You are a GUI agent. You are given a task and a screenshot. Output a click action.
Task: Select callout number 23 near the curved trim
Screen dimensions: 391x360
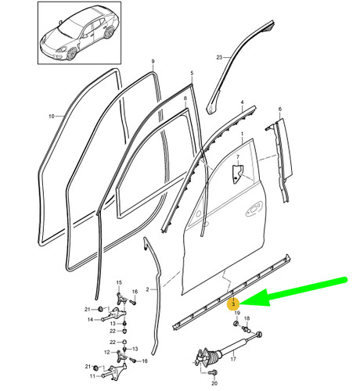tap(220, 56)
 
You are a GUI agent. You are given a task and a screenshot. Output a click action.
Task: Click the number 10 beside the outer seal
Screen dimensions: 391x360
tap(51, 116)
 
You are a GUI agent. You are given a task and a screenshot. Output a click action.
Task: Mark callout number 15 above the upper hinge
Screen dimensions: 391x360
tap(119, 282)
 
